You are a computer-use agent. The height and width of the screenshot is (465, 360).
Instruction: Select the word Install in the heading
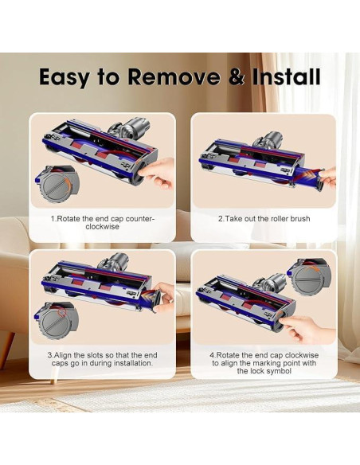pos(286,76)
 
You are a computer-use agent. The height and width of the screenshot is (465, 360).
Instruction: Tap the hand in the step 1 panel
pos(162,168)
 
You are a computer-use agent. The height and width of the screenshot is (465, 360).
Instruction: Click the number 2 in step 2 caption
pos(221,218)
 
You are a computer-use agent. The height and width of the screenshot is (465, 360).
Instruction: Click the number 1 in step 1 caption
pos(52,218)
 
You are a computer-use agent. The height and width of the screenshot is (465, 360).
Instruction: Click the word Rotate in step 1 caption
pos(68,218)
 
